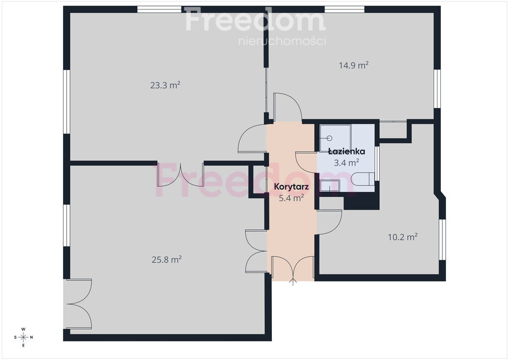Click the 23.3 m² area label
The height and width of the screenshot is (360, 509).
tap(165, 85)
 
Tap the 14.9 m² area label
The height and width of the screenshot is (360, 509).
tap(353, 65)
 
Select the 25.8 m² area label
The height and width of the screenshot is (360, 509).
tap(167, 260)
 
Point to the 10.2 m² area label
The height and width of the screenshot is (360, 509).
tap(403, 237)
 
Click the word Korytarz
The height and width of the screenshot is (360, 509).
tap(291, 186)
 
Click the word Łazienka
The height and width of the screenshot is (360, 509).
tap(346, 151)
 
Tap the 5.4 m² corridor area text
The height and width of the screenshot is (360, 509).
tap(291, 198)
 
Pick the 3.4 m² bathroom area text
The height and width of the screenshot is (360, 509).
tap(346, 162)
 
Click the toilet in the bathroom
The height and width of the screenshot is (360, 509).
tap(362, 179)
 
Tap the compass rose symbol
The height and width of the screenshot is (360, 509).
tap(23, 337)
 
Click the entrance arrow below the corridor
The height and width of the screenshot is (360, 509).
tap(293, 282)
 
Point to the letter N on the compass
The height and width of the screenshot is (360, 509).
tap(31, 337)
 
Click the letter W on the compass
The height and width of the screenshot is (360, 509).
tap(23, 329)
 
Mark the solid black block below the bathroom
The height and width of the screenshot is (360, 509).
tap(362, 202)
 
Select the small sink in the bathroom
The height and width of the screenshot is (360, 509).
tap(330, 185)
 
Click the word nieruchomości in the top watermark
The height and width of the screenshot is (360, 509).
tap(282, 41)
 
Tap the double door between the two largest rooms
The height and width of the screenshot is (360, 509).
tap(180, 175)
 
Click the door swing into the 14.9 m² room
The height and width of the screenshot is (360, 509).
tap(288, 107)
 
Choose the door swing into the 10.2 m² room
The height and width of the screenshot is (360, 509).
tap(329, 222)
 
